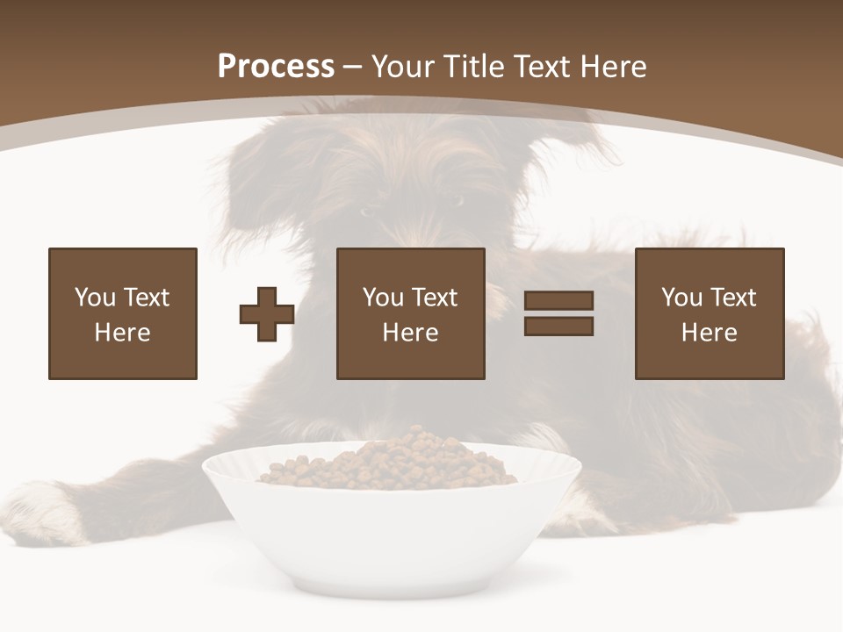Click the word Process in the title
[276, 67]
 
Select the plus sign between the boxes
[267, 314]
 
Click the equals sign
[558, 313]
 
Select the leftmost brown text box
[123, 313]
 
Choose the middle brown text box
[411, 313]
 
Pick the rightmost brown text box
[710, 313]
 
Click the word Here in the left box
[122, 333]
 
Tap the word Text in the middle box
[434, 298]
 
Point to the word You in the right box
[681, 298]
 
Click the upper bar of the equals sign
[558, 300]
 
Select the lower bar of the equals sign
[558, 327]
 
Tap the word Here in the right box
[709, 333]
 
